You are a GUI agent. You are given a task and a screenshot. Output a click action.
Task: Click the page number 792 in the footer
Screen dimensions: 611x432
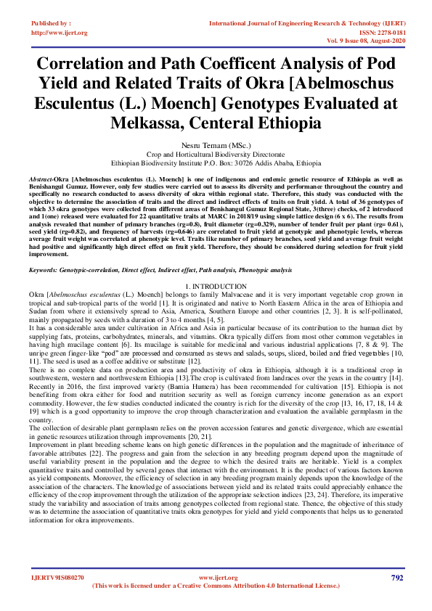(x=396, y=578)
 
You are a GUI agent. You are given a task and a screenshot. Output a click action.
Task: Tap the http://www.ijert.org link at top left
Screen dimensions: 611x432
(x=60, y=33)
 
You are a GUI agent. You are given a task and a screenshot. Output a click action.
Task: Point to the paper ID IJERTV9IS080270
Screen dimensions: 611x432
(x=57, y=578)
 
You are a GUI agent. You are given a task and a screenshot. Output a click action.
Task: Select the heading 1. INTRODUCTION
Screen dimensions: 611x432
(x=216, y=267)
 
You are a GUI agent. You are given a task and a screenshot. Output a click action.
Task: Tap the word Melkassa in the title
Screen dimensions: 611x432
(x=150, y=122)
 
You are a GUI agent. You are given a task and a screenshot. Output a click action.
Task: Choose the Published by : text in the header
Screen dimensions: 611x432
(x=51, y=24)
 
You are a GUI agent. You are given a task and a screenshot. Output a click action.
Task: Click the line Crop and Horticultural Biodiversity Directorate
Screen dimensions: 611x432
(x=216, y=155)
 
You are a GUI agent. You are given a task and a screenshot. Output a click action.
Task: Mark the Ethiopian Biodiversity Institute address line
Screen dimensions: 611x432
(x=216, y=163)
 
